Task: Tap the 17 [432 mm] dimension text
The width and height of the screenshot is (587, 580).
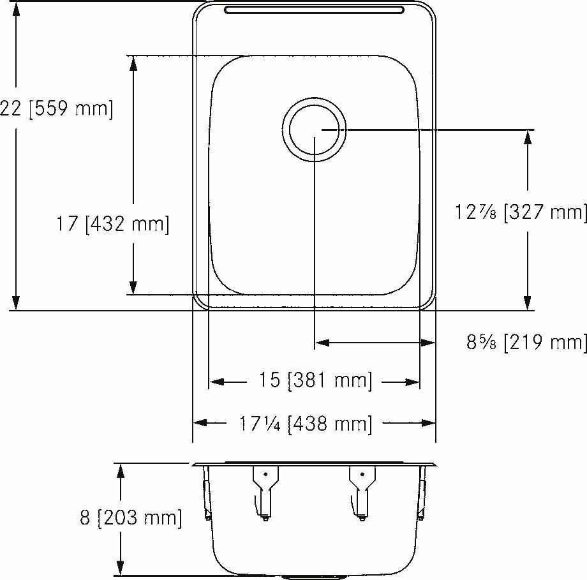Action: (x=112, y=224)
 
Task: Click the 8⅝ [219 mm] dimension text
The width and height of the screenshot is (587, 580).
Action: (x=526, y=343)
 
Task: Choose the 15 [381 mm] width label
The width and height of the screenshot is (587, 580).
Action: (x=315, y=381)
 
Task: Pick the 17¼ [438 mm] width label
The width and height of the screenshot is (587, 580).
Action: (x=305, y=423)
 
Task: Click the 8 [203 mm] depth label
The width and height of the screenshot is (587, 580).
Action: (x=131, y=517)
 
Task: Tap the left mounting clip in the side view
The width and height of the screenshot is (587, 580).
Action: (x=265, y=491)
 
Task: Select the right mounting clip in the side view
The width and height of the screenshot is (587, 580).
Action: (x=362, y=491)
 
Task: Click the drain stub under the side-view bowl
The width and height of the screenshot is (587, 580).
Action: (x=314, y=577)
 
